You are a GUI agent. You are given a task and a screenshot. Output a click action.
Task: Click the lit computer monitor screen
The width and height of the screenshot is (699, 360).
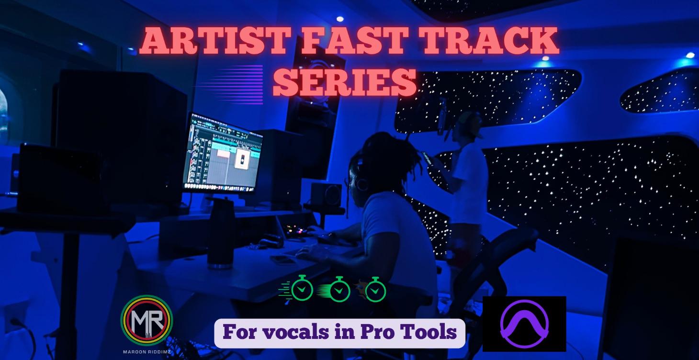[221, 152]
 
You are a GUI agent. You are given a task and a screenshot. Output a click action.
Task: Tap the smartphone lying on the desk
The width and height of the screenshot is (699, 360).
[282, 259]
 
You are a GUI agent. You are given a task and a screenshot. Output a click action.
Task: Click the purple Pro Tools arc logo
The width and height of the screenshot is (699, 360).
[524, 324]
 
